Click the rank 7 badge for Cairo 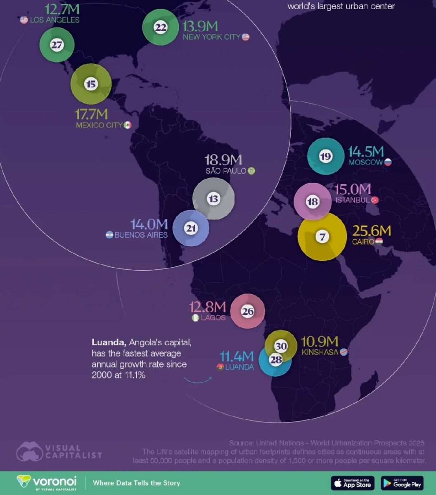(322, 237)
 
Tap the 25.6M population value (371, 231)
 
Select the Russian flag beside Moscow (388, 162)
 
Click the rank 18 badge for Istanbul (313, 202)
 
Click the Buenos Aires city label (141, 235)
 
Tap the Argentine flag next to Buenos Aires (109, 235)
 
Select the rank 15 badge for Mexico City (91, 85)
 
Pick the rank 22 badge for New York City (160, 28)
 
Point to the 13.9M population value (200, 27)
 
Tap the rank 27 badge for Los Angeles (57, 45)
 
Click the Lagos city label (213, 318)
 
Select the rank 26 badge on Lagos (247, 312)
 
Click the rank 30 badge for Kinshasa (281, 346)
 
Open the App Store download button (353, 483)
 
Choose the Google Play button (402, 483)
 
